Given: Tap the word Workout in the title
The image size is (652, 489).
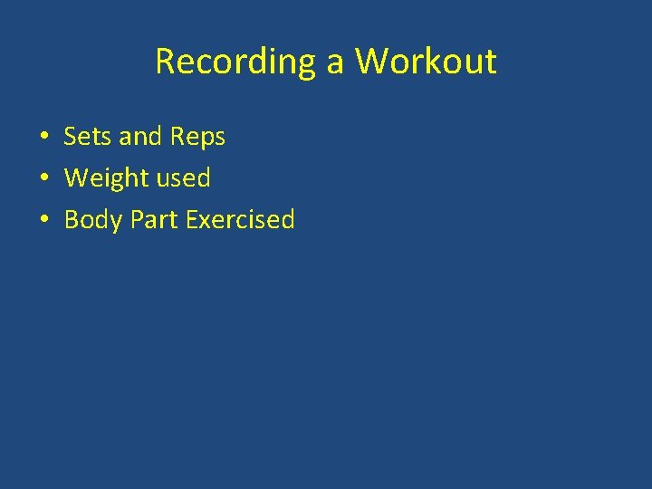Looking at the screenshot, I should coord(426,62).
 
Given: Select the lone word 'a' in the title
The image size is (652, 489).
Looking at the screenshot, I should coord(336,63).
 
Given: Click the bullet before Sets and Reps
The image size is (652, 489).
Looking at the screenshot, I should coord(43,138).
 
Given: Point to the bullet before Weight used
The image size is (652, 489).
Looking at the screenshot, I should coord(43,179).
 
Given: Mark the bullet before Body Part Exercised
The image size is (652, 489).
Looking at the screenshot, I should coord(43,221).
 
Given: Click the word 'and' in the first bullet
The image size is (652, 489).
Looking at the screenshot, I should coord(139,137).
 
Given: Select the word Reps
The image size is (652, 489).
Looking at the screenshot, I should coord(197,138).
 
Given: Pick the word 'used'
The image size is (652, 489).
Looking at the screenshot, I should coord(183,178).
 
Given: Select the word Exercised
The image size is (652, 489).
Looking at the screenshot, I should coord(240,220).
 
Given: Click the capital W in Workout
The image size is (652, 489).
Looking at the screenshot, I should coord(371,62).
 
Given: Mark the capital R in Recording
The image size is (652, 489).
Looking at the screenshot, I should coord(165,62).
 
